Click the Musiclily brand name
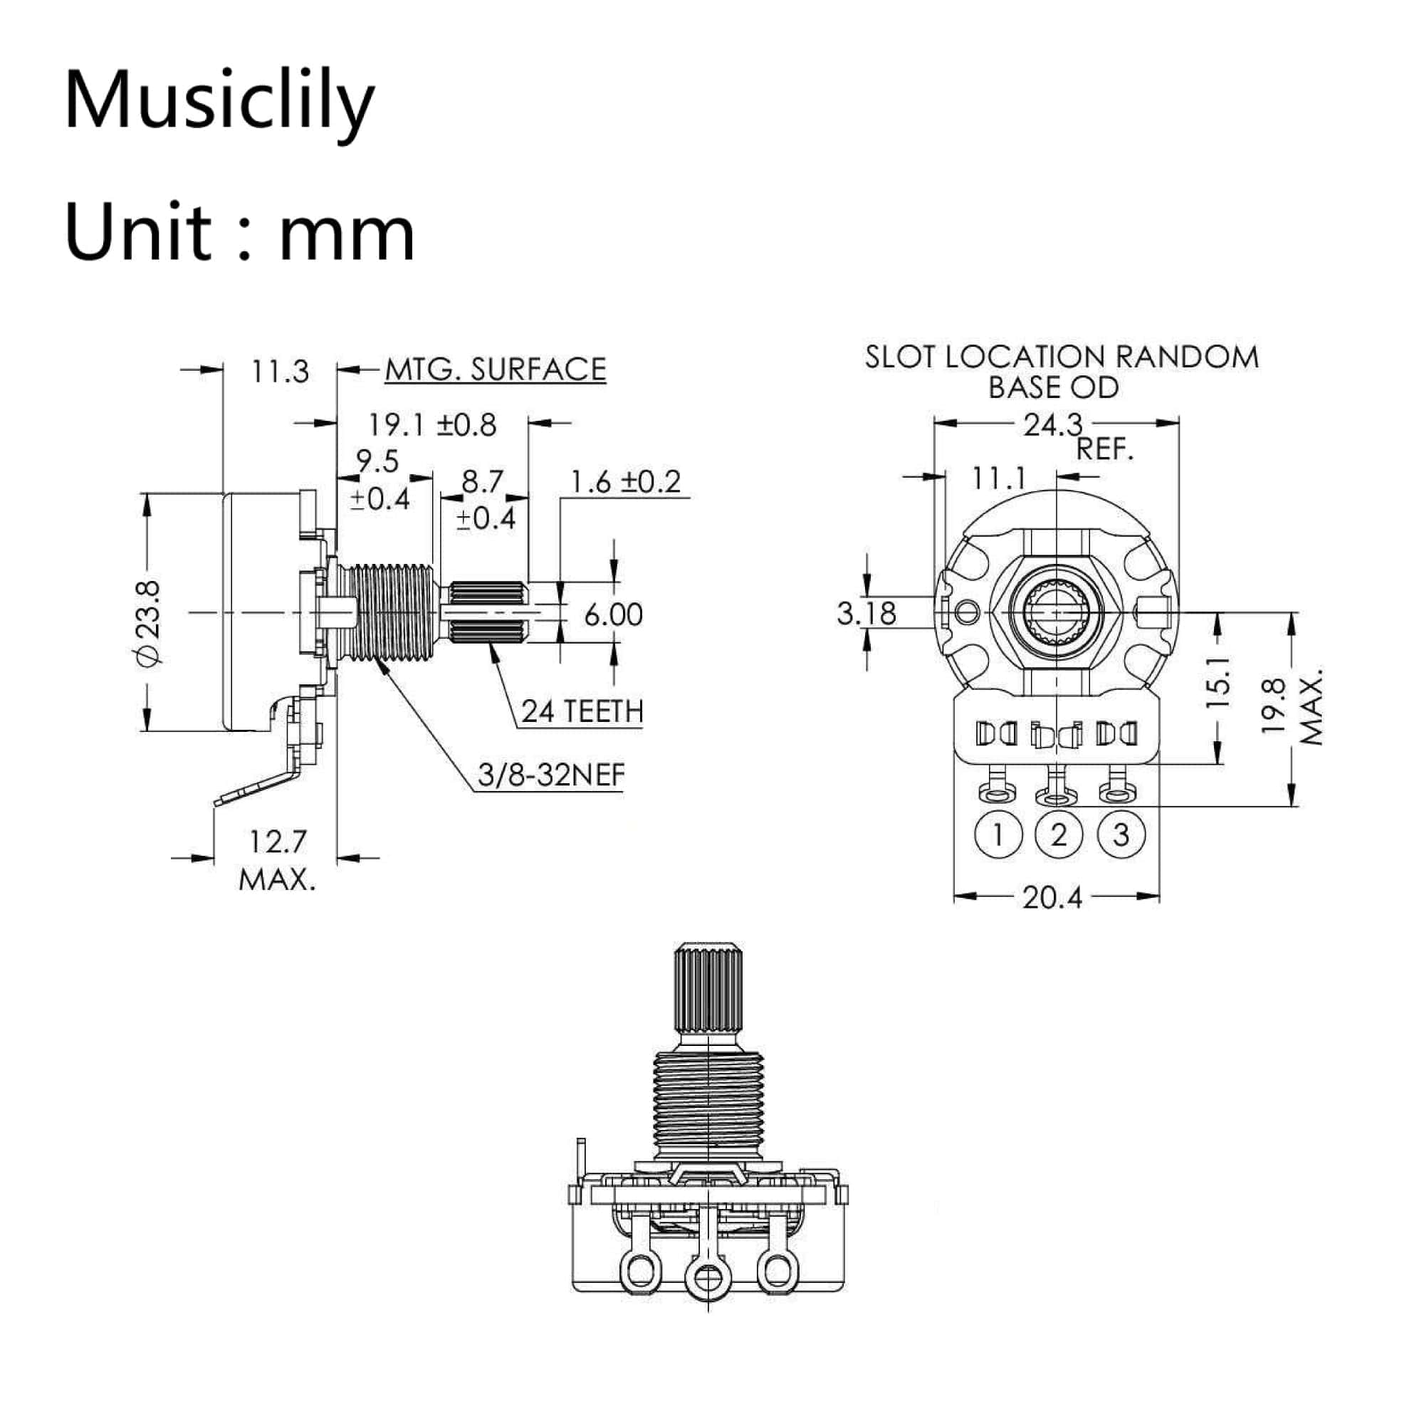coord(219,100)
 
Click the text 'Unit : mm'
coord(239,232)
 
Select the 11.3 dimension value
coord(279,372)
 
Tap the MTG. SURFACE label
coord(496,370)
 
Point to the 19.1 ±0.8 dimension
coord(432,425)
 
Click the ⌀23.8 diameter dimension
coord(148,623)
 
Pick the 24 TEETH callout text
coord(582,711)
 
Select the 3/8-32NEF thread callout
coord(550,775)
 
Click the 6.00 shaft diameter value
coord(613,614)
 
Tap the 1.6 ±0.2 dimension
coord(625,482)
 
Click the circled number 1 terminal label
coord(998,835)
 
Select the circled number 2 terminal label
coord(1059,835)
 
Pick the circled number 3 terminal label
coord(1120,835)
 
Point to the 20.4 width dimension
coord(1052,897)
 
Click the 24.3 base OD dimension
coord(1052,425)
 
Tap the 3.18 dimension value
coord(866,613)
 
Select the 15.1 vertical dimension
coord(1217,683)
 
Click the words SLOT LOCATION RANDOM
coord(1062,357)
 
